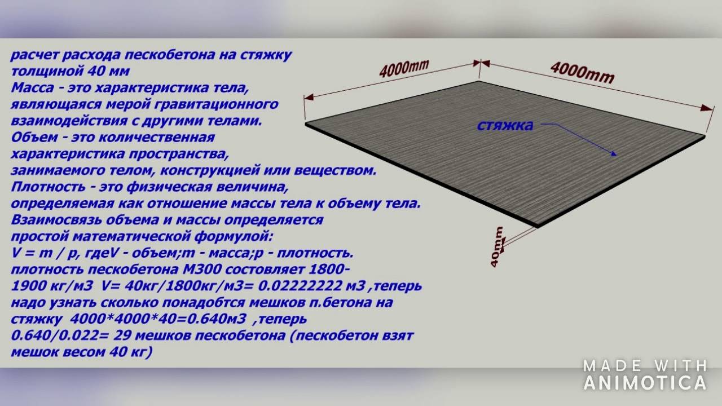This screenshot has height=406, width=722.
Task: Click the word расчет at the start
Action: (34, 55)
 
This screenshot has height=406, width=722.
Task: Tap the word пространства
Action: (179, 154)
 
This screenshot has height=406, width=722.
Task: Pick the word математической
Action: (132, 237)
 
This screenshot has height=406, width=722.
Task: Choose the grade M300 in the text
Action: (201, 270)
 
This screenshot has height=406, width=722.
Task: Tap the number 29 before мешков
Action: (122, 336)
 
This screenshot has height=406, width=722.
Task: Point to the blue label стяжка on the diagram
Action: (505, 126)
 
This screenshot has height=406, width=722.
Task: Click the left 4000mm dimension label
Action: (403, 68)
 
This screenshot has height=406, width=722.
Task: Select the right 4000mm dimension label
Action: (582, 73)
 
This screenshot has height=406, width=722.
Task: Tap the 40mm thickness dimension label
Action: (497, 247)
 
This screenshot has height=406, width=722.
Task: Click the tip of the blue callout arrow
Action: (617, 156)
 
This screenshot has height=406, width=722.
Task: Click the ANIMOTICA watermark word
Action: (645, 383)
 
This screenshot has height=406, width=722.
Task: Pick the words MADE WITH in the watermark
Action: (645, 366)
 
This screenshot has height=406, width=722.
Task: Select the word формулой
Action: (234, 237)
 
